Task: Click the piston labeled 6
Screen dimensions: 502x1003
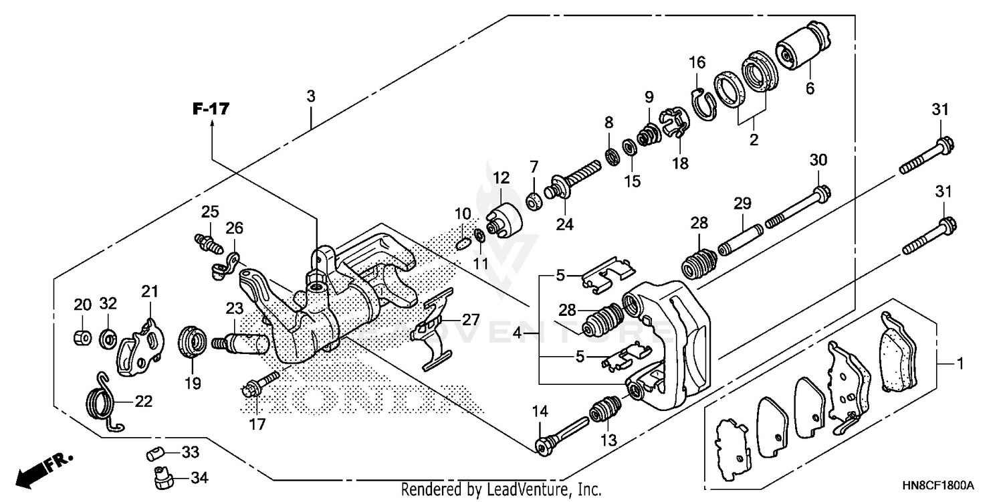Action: (802, 46)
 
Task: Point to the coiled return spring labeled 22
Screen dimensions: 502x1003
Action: (104, 399)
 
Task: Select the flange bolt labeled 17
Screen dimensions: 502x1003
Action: (257, 385)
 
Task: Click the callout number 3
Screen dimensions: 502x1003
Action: (311, 96)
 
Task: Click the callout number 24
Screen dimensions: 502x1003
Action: (564, 224)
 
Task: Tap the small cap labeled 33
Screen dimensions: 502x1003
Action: (156, 454)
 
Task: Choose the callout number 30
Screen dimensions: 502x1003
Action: (818, 160)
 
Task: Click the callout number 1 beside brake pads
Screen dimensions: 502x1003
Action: (960, 365)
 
